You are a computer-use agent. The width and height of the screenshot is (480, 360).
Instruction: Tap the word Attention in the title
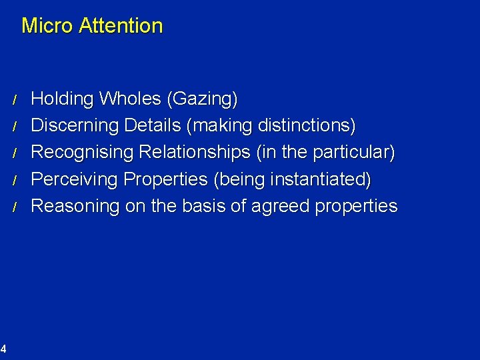pyautogui.click(x=121, y=26)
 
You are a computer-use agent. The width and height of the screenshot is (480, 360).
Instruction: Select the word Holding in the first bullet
pyautogui.click(x=63, y=99)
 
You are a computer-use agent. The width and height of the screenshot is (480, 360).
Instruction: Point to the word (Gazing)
pyautogui.click(x=202, y=100)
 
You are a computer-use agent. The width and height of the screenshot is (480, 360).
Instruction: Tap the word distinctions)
pyautogui.click(x=312, y=126)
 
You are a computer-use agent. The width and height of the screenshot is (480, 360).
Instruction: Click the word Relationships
pyautogui.click(x=197, y=153)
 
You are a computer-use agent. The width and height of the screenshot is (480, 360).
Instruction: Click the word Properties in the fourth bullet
pyautogui.click(x=166, y=180)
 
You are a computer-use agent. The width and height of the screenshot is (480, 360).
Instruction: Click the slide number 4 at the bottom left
pyautogui.click(x=3, y=347)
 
